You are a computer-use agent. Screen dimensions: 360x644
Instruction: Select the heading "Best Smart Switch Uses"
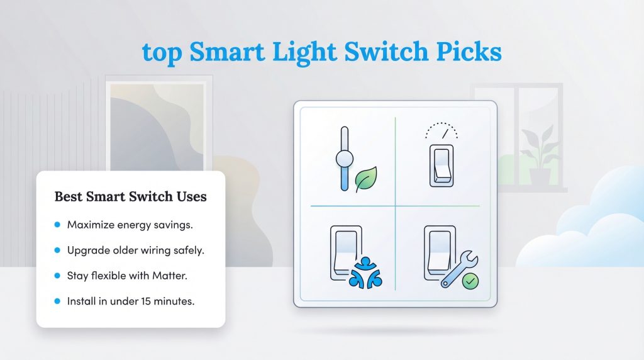[x=130, y=197]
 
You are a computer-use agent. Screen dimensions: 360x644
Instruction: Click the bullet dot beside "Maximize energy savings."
[x=57, y=225]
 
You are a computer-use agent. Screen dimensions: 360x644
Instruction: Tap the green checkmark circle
[x=470, y=281]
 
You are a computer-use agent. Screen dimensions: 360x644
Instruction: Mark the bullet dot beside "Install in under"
[x=57, y=301]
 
